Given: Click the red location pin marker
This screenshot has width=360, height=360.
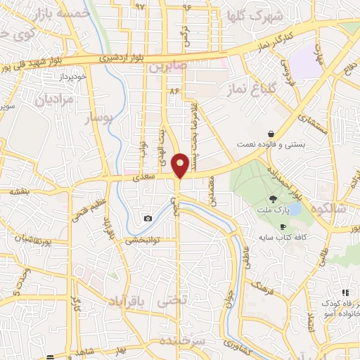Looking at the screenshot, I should (x=180, y=165).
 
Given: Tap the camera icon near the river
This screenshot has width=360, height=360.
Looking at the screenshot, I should (x=148, y=219).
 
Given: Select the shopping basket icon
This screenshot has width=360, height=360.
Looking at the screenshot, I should (x=271, y=134).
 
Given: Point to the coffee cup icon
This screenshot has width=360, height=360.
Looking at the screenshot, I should (x=283, y=227).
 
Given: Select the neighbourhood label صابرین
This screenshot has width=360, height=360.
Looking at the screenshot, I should (x=166, y=67).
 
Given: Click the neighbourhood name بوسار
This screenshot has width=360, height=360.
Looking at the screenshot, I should (x=98, y=120).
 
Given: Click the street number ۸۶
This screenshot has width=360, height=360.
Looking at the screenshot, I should (x=174, y=91).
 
